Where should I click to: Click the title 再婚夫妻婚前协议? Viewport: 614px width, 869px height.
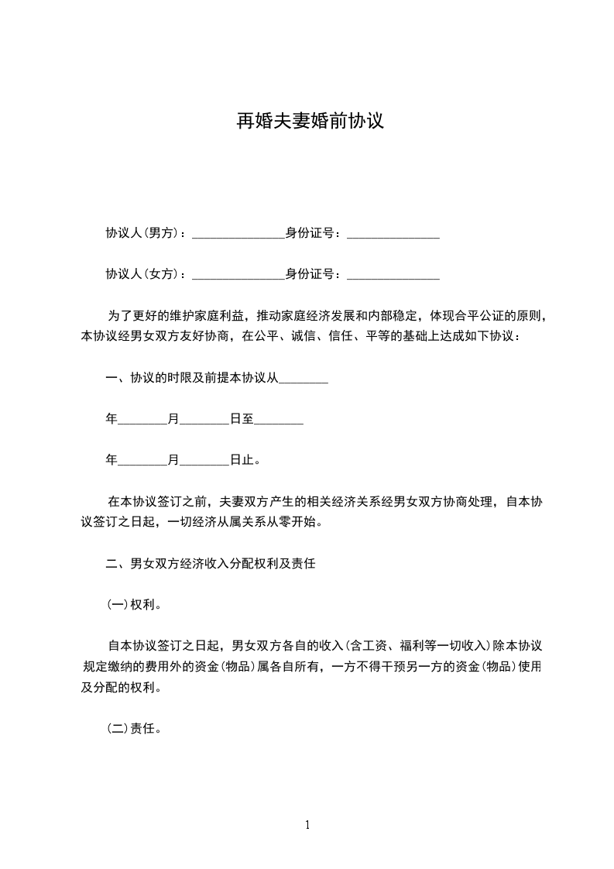tap(310, 122)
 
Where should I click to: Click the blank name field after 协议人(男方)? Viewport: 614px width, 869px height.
tap(238, 233)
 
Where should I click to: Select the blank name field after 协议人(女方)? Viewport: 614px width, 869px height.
tap(238, 274)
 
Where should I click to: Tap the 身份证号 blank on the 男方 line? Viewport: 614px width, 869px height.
tap(393, 233)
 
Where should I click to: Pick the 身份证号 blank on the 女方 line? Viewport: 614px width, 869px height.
tap(393, 274)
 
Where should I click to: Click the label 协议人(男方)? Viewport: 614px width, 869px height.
tap(142, 233)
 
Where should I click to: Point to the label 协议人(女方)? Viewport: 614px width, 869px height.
tap(142, 274)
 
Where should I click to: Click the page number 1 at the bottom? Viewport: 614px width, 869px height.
tap(307, 825)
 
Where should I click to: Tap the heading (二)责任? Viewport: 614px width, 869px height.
tap(134, 730)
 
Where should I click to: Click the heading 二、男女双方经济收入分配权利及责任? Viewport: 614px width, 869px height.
tap(210, 565)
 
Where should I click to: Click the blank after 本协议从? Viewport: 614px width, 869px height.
tap(303, 379)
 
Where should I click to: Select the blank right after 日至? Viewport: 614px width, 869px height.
tap(278, 420)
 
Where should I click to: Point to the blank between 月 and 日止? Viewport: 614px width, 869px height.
tap(204, 461)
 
